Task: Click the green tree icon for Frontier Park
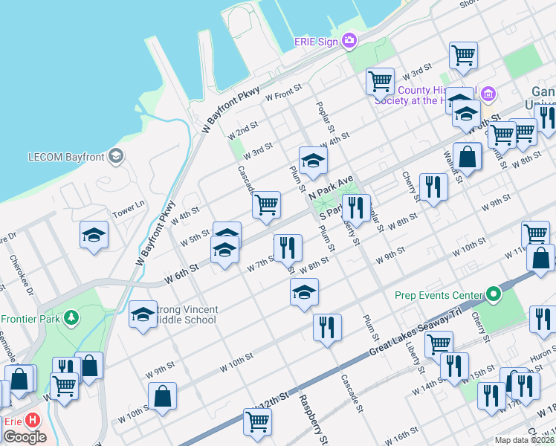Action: pyautogui.click(x=71, y=318)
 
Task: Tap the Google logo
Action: pyautogui.click(x=24, y=437)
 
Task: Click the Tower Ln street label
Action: pyautogui.click(x=128, y=210)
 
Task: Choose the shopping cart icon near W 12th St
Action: pyautogui.click(x=257, y=421)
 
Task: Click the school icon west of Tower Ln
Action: pyautogui.click(x=94, y=236)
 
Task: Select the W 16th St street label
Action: pyautogui.click(x=402, y=433)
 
